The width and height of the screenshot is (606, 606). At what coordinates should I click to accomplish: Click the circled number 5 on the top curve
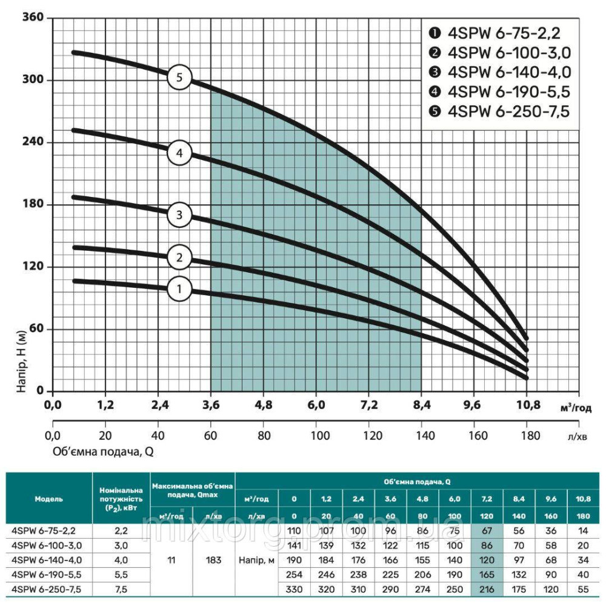(179, 78)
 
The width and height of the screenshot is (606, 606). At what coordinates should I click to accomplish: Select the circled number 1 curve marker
(179, 289)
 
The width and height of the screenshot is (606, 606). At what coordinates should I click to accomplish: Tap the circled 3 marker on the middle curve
(179, 215)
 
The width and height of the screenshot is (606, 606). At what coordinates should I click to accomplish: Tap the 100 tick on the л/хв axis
(316, 435)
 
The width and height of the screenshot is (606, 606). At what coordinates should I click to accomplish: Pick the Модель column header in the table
(48, 499)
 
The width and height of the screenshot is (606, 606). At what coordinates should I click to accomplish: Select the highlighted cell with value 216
(487, 587)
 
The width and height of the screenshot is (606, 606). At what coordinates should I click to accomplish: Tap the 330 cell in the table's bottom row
(294, 587)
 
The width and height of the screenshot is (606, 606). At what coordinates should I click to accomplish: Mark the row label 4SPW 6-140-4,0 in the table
(47, 560)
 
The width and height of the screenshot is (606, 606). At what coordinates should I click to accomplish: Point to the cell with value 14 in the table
(583, 531)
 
